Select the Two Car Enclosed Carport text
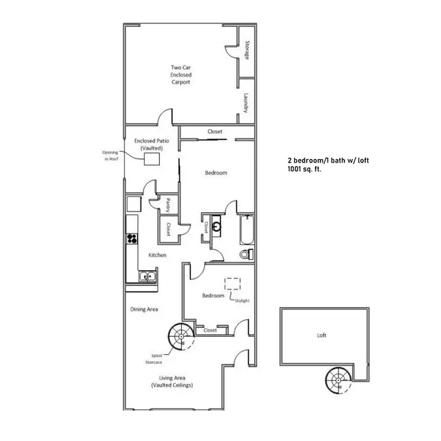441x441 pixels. pos(181,74)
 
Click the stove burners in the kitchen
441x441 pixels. pos(132,239)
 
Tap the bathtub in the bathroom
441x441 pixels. pos(246,232)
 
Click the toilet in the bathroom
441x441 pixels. pos(246,255)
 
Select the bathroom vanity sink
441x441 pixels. pos(216,225)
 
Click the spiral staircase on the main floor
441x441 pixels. pos(182,338)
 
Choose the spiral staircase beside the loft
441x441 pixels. pos(338,381)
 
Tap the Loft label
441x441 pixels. pos(322,336)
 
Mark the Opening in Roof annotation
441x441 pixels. pos(111,155)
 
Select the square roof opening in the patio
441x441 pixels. pos(152,158)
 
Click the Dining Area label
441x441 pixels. pos(145,309)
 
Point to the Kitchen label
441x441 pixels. pos(158,255)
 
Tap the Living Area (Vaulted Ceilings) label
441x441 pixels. pos(172,381)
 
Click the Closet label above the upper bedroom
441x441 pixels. pos(215,132)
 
